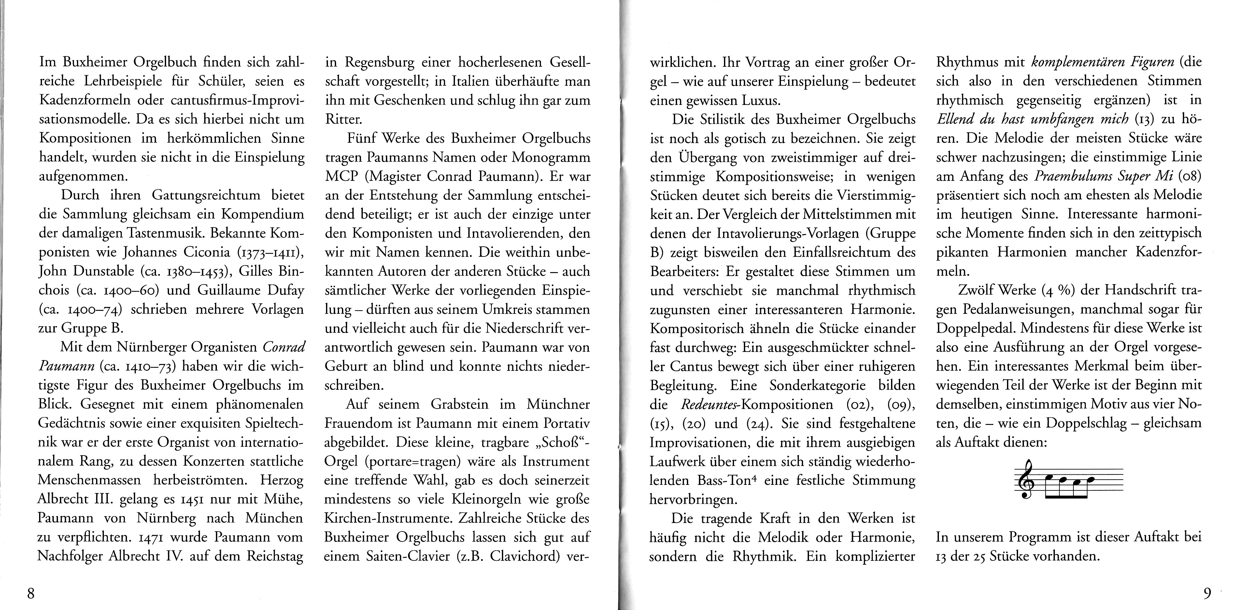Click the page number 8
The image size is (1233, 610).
(31, 594)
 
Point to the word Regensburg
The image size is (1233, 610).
(378, 63)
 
